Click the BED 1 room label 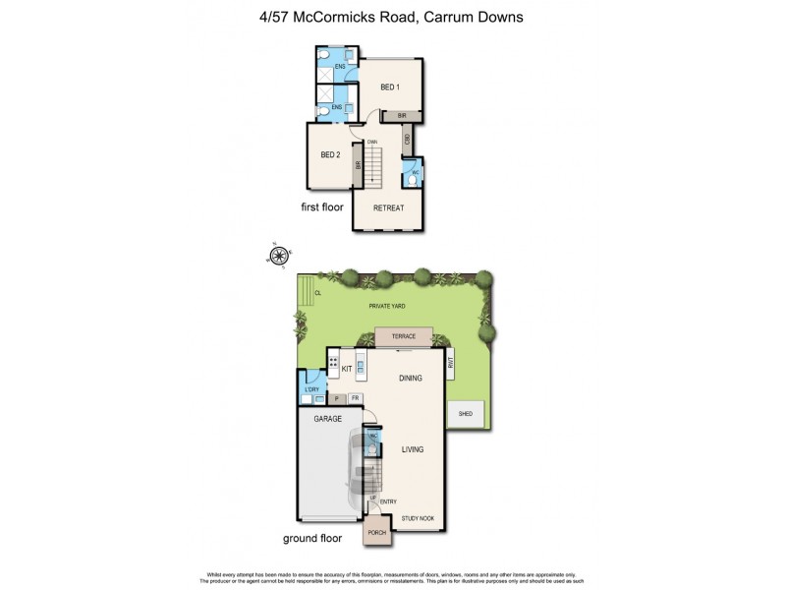click(390, 88)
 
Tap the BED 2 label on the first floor click(330, 154)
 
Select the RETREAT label click(389, 207)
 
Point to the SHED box click(466, 414)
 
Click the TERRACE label click(404, 337)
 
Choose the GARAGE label click(327, 419)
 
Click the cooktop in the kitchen click(335, 367)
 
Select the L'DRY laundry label click(312, 390)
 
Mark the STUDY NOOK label click(418, 518)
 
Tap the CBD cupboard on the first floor click(407, 140)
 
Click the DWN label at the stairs click(372, 144)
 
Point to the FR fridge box click(355, 398)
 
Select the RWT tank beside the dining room click(450, 365)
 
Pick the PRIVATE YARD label click(387, 307)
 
